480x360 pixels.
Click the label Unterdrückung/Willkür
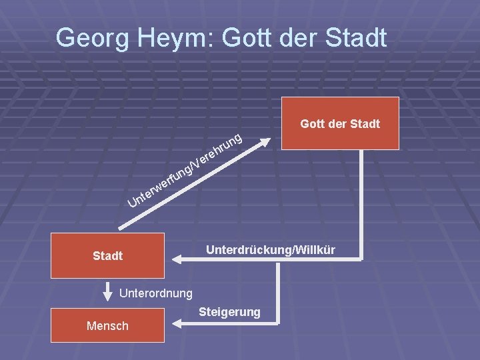coord(271,250)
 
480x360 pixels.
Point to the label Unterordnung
coord(156,293)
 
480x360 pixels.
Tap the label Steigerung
coord(229,312)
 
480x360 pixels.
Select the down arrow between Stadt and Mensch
coord(107,292)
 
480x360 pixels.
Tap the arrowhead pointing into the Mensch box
coord(175,324)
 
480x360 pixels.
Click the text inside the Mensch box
coord(107,325)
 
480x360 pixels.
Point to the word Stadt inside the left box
coord(107,255)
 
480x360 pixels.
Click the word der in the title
coord(297,37)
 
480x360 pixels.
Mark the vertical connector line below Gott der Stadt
coord(362,200)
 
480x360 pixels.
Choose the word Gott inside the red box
coord(313,123)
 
